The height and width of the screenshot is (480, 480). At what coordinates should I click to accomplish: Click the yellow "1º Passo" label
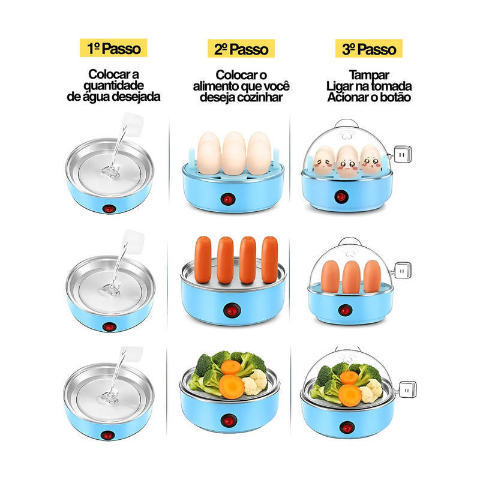click(113, 48)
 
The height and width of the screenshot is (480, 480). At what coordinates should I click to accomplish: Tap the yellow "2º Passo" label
click(241, 49)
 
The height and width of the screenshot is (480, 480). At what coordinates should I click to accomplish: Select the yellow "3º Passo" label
click(369, 49)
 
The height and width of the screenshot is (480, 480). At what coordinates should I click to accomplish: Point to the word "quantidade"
click(113, 85)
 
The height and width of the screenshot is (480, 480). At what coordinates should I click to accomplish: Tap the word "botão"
click(395, 97)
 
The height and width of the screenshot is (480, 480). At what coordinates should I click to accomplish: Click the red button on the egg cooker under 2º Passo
click(227, 199)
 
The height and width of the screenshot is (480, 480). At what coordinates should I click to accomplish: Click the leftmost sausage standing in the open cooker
click(203, 260)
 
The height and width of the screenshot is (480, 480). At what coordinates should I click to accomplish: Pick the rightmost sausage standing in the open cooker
click(269, 260)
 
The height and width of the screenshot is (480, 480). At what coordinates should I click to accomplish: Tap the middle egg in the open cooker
click(234, 153)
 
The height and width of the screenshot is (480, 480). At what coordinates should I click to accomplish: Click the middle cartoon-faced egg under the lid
click(347, 162)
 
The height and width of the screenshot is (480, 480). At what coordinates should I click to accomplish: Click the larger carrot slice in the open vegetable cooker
click(232, 386)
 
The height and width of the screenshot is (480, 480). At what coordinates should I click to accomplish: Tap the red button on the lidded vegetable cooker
click(347, 427)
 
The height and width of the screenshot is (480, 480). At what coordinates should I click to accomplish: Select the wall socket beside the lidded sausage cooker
click(403, 270)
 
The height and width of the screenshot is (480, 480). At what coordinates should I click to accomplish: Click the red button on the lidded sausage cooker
click(344, 310)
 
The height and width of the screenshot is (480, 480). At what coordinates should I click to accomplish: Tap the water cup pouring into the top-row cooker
click(133, 124)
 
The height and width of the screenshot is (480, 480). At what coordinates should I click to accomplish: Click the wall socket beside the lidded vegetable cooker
click(407, 389)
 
